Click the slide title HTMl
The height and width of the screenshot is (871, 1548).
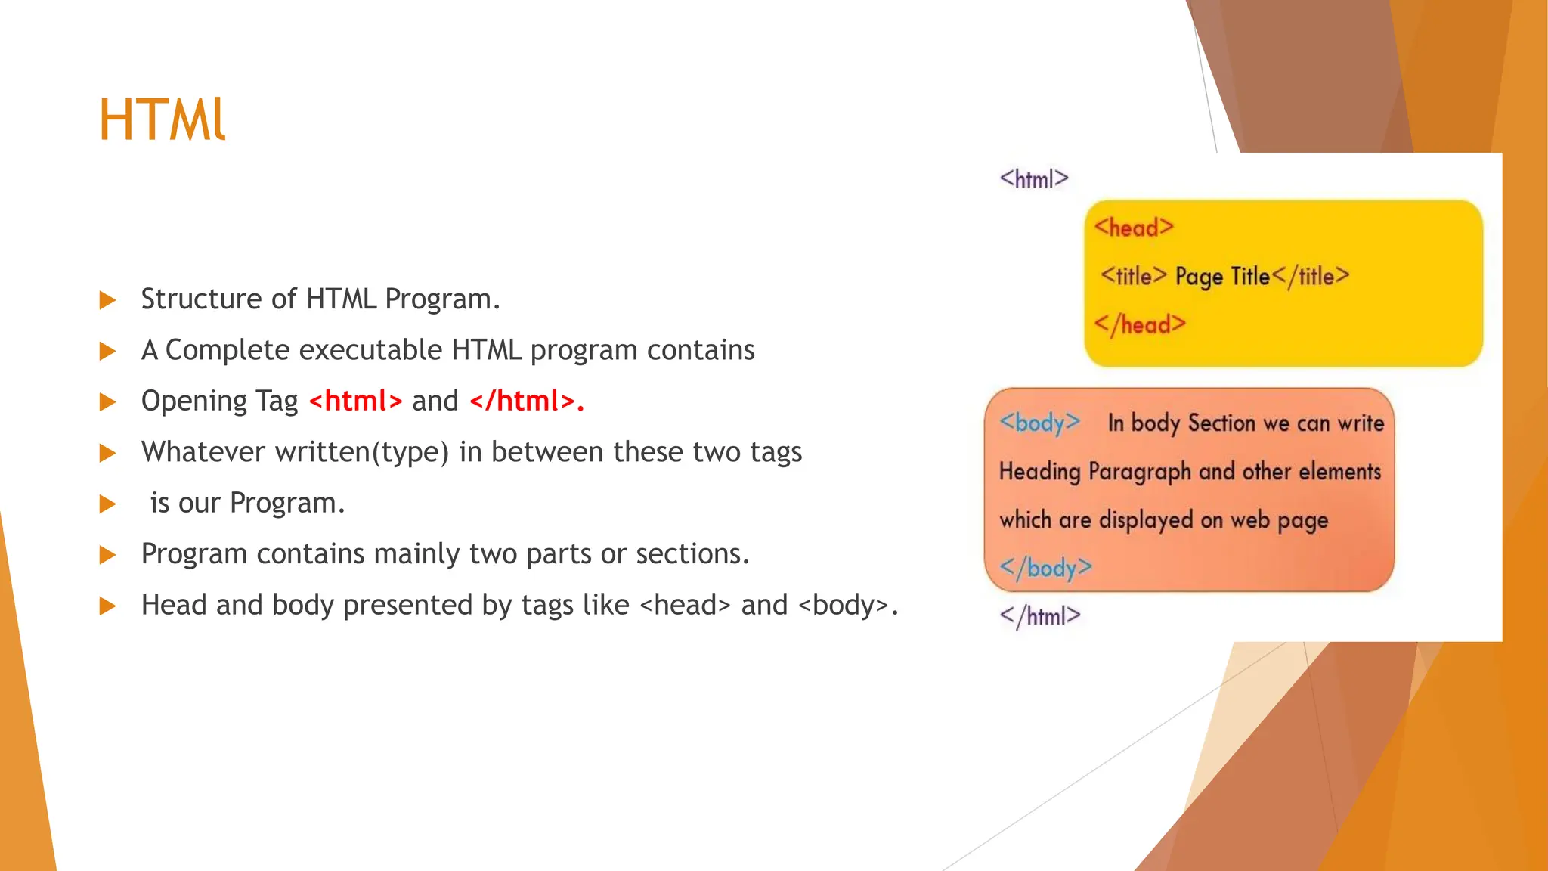[x=162, y=119]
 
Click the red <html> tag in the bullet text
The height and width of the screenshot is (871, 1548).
[x=355, y=401]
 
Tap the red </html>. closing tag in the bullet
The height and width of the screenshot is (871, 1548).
[x=527, y=401]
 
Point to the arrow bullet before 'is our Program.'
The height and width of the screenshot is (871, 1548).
[x=108, y=504]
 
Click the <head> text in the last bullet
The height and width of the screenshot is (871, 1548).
[x=685, y=606]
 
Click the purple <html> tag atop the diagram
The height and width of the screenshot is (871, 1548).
[x=1033, y=179]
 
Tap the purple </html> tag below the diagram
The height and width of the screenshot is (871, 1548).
[x=1039, y=616]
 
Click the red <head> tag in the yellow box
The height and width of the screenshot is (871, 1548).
[x=1133, y=228]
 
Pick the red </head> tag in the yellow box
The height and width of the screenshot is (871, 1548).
[x=1139, y=324]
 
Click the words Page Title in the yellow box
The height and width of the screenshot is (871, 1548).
[x=1222, y=277]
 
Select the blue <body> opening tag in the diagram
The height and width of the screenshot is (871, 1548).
[x=1039, y=423]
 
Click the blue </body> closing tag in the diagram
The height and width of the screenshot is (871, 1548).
[x=1045, y=567]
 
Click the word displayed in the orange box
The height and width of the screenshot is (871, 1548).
[x=1146, y=520]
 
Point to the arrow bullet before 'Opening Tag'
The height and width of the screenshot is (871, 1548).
[x=108, y=402]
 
